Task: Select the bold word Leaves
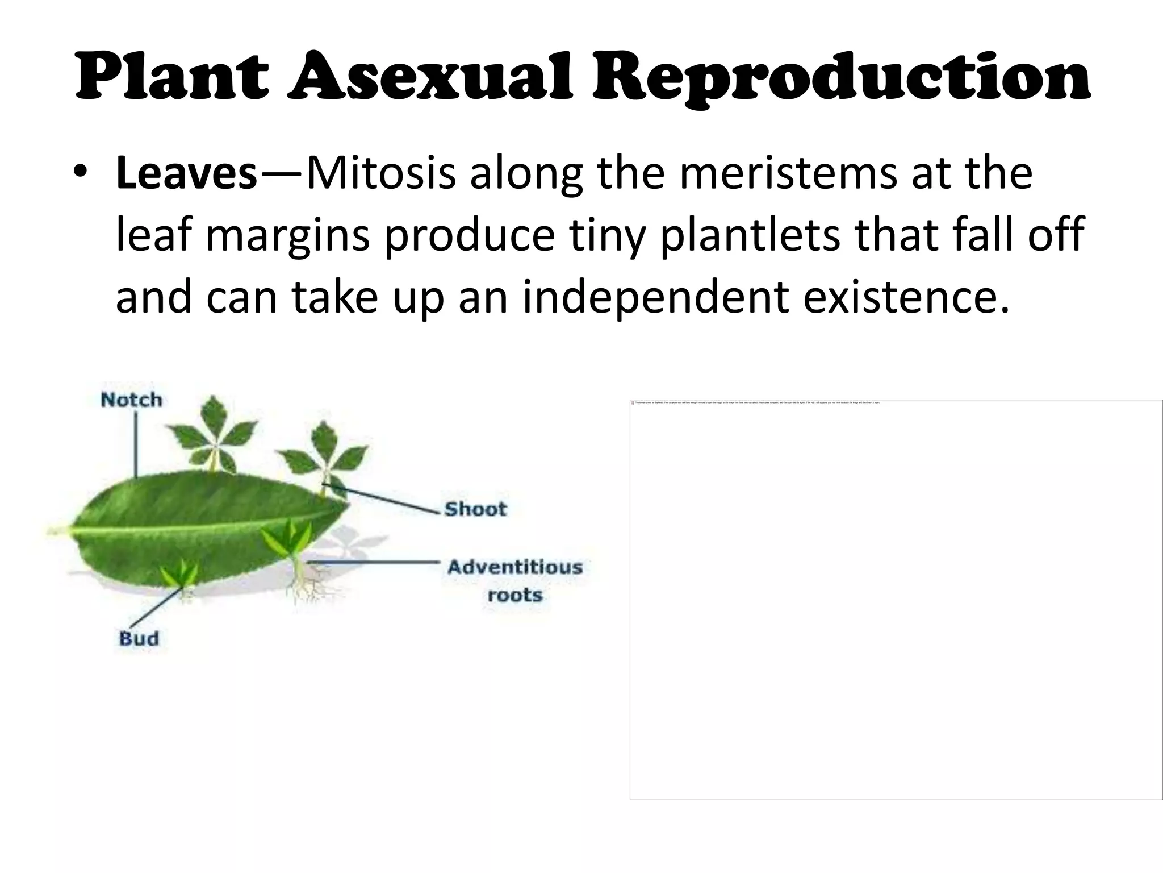(x=187, y=173)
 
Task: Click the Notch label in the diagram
(x=131, y=400)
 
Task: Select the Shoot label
(x=475, y=509)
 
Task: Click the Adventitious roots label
(x=515, y=580)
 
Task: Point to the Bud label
(x=139, y=638)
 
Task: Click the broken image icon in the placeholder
(x=633, y=402)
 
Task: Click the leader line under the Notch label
(x=136, y=443)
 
